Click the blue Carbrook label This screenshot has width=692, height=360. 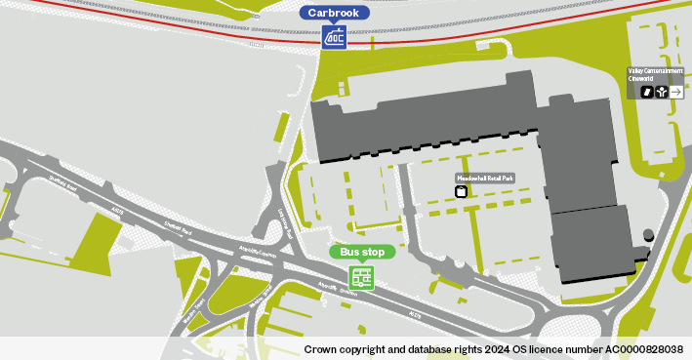click(335, 13)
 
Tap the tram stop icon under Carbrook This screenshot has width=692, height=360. click(335, 37)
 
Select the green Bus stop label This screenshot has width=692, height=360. click(362, 252)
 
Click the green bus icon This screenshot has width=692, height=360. click(362, 277)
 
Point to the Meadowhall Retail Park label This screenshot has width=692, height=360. click(484, 178)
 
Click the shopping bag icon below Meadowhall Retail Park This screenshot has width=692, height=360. click(462, 191)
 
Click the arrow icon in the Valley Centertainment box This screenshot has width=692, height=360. click(676, 92)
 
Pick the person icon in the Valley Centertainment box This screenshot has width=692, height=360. click(662, 92)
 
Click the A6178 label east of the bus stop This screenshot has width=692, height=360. click(415, 314)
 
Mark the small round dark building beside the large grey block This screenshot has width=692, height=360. click(649, 236)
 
